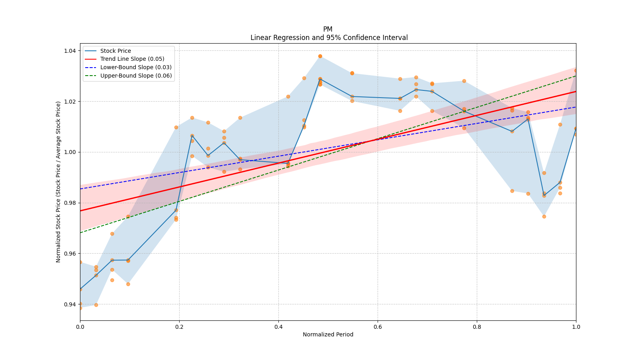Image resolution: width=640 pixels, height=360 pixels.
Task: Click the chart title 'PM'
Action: [328, 29]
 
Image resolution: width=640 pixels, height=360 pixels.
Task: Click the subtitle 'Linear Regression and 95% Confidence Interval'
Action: [329, 38]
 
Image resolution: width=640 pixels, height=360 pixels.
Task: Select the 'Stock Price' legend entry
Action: [116, 51]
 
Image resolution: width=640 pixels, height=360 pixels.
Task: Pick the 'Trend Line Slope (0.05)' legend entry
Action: [132, 59]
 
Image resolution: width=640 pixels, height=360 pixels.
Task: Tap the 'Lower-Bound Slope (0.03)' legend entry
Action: [136, 68]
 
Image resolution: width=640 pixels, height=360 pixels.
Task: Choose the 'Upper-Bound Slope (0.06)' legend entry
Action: [136, 76]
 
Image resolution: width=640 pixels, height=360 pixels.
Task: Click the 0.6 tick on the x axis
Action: [378, 327]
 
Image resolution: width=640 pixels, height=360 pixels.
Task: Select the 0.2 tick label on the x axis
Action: [179, 327]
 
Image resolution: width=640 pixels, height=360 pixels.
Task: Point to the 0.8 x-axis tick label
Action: [477, 327]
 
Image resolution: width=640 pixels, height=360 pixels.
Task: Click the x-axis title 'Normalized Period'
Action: [328, 334]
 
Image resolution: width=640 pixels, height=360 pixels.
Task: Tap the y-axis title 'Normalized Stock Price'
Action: [58, 182]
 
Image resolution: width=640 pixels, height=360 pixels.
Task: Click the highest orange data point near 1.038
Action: [320, 56]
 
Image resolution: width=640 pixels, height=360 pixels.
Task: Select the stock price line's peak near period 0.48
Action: [320, 79]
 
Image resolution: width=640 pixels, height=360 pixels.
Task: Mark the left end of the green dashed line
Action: [80, 232]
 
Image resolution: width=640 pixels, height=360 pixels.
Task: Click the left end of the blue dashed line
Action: [80, 189]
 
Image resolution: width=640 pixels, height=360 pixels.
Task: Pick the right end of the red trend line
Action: [576, 91]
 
